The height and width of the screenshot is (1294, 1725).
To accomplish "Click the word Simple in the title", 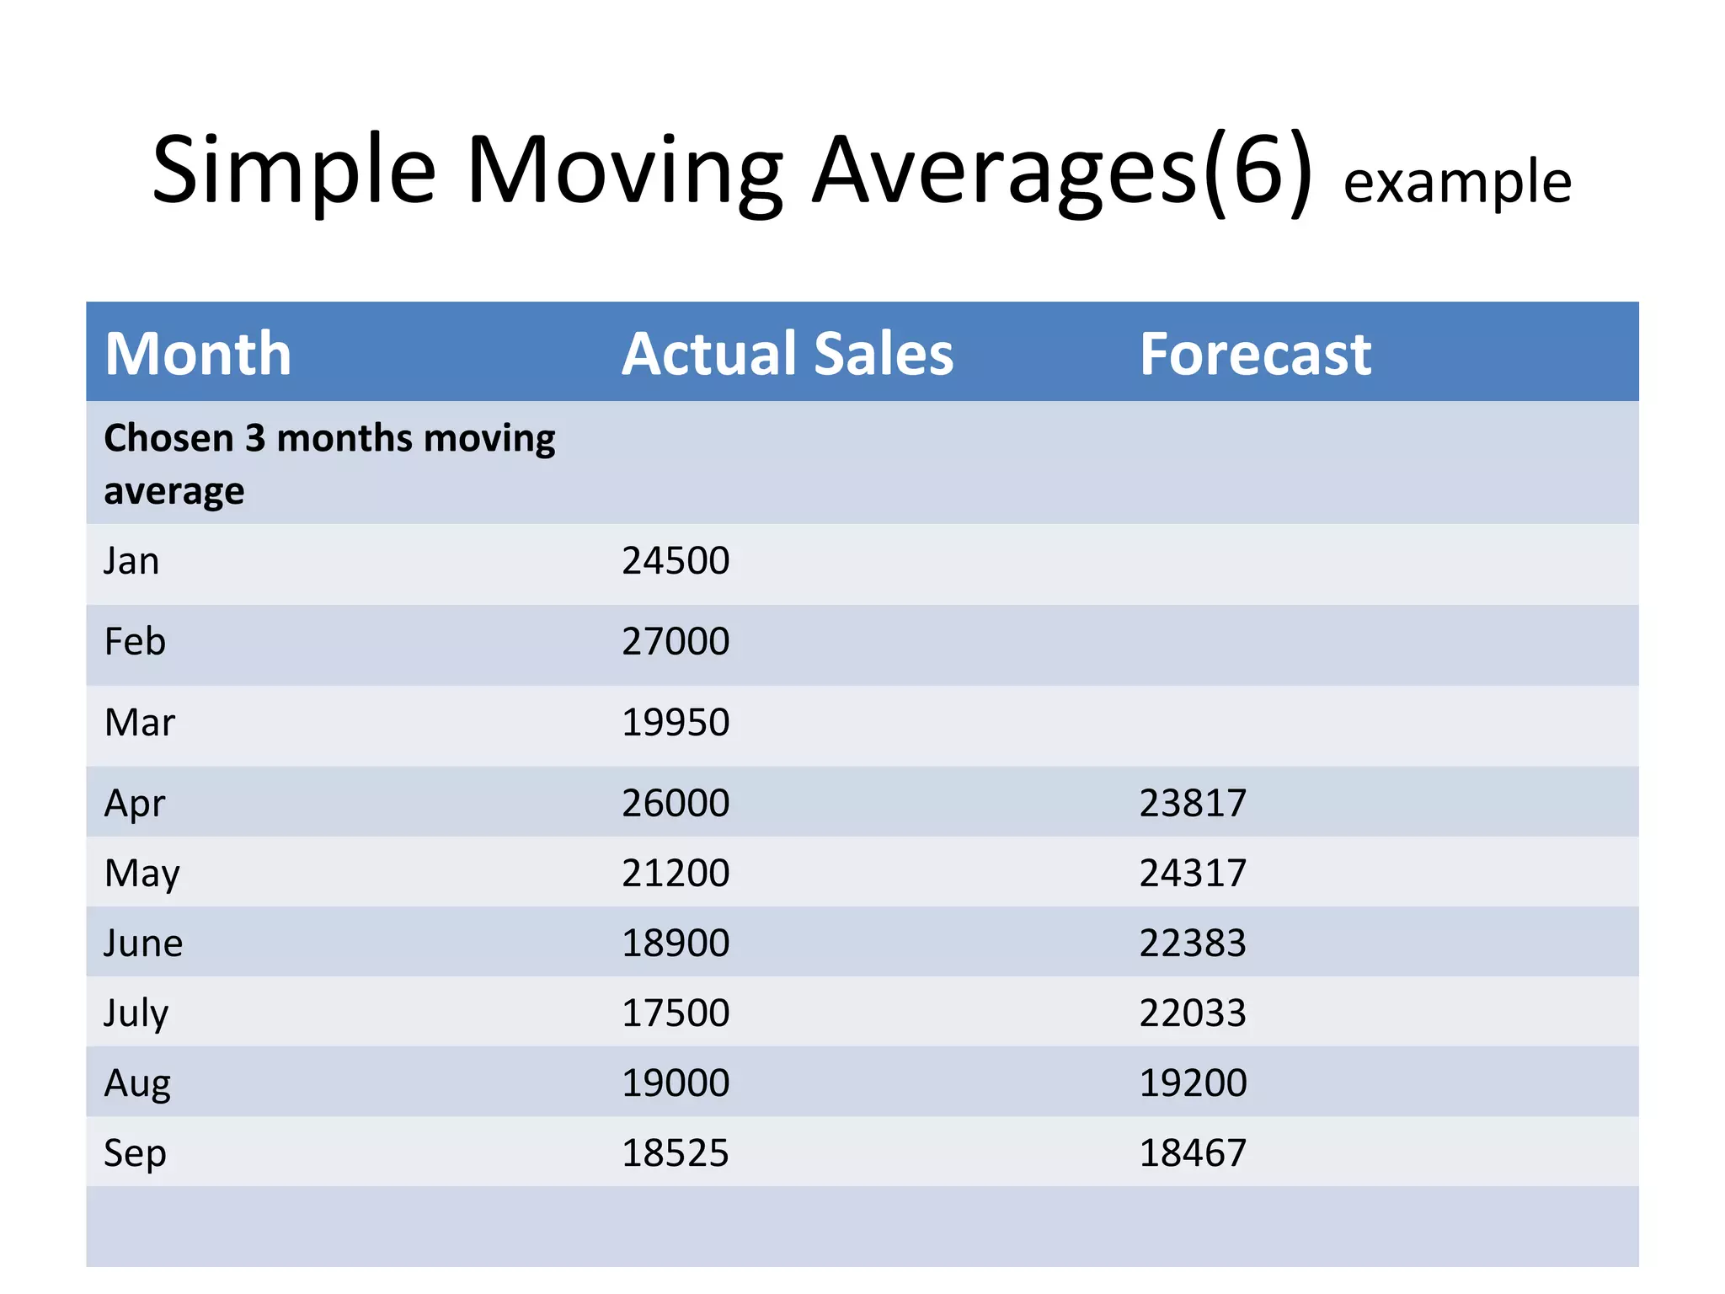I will [294, 171].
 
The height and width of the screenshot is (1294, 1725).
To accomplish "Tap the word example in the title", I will [1456, 182].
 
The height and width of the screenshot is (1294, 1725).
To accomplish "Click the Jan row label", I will [131, 561].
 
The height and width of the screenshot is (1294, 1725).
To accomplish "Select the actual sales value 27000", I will [676, 642].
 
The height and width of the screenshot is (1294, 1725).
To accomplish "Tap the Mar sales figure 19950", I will [676, 723].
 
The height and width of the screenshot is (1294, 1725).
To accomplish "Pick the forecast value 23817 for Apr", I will [1193, 803].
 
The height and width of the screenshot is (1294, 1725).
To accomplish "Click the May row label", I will [142, 874].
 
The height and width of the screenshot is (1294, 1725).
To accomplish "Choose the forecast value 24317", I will [1193, 873].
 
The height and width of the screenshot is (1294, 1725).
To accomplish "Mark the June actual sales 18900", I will [676, 943].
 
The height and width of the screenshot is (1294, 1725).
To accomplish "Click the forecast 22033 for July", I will [1193, 1013].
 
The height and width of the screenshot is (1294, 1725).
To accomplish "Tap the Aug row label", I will [137, 1083].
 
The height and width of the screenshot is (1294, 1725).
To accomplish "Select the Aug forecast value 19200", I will [1193, 1083].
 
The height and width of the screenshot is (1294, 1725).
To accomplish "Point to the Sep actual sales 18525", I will [676, 1152].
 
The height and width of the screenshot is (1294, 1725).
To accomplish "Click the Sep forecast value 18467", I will [1193, 1152].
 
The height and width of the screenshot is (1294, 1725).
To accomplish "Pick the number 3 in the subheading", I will [254, 439].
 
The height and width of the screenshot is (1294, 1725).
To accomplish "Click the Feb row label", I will [135, 642].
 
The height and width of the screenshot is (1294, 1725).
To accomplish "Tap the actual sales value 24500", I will [676, 561].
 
